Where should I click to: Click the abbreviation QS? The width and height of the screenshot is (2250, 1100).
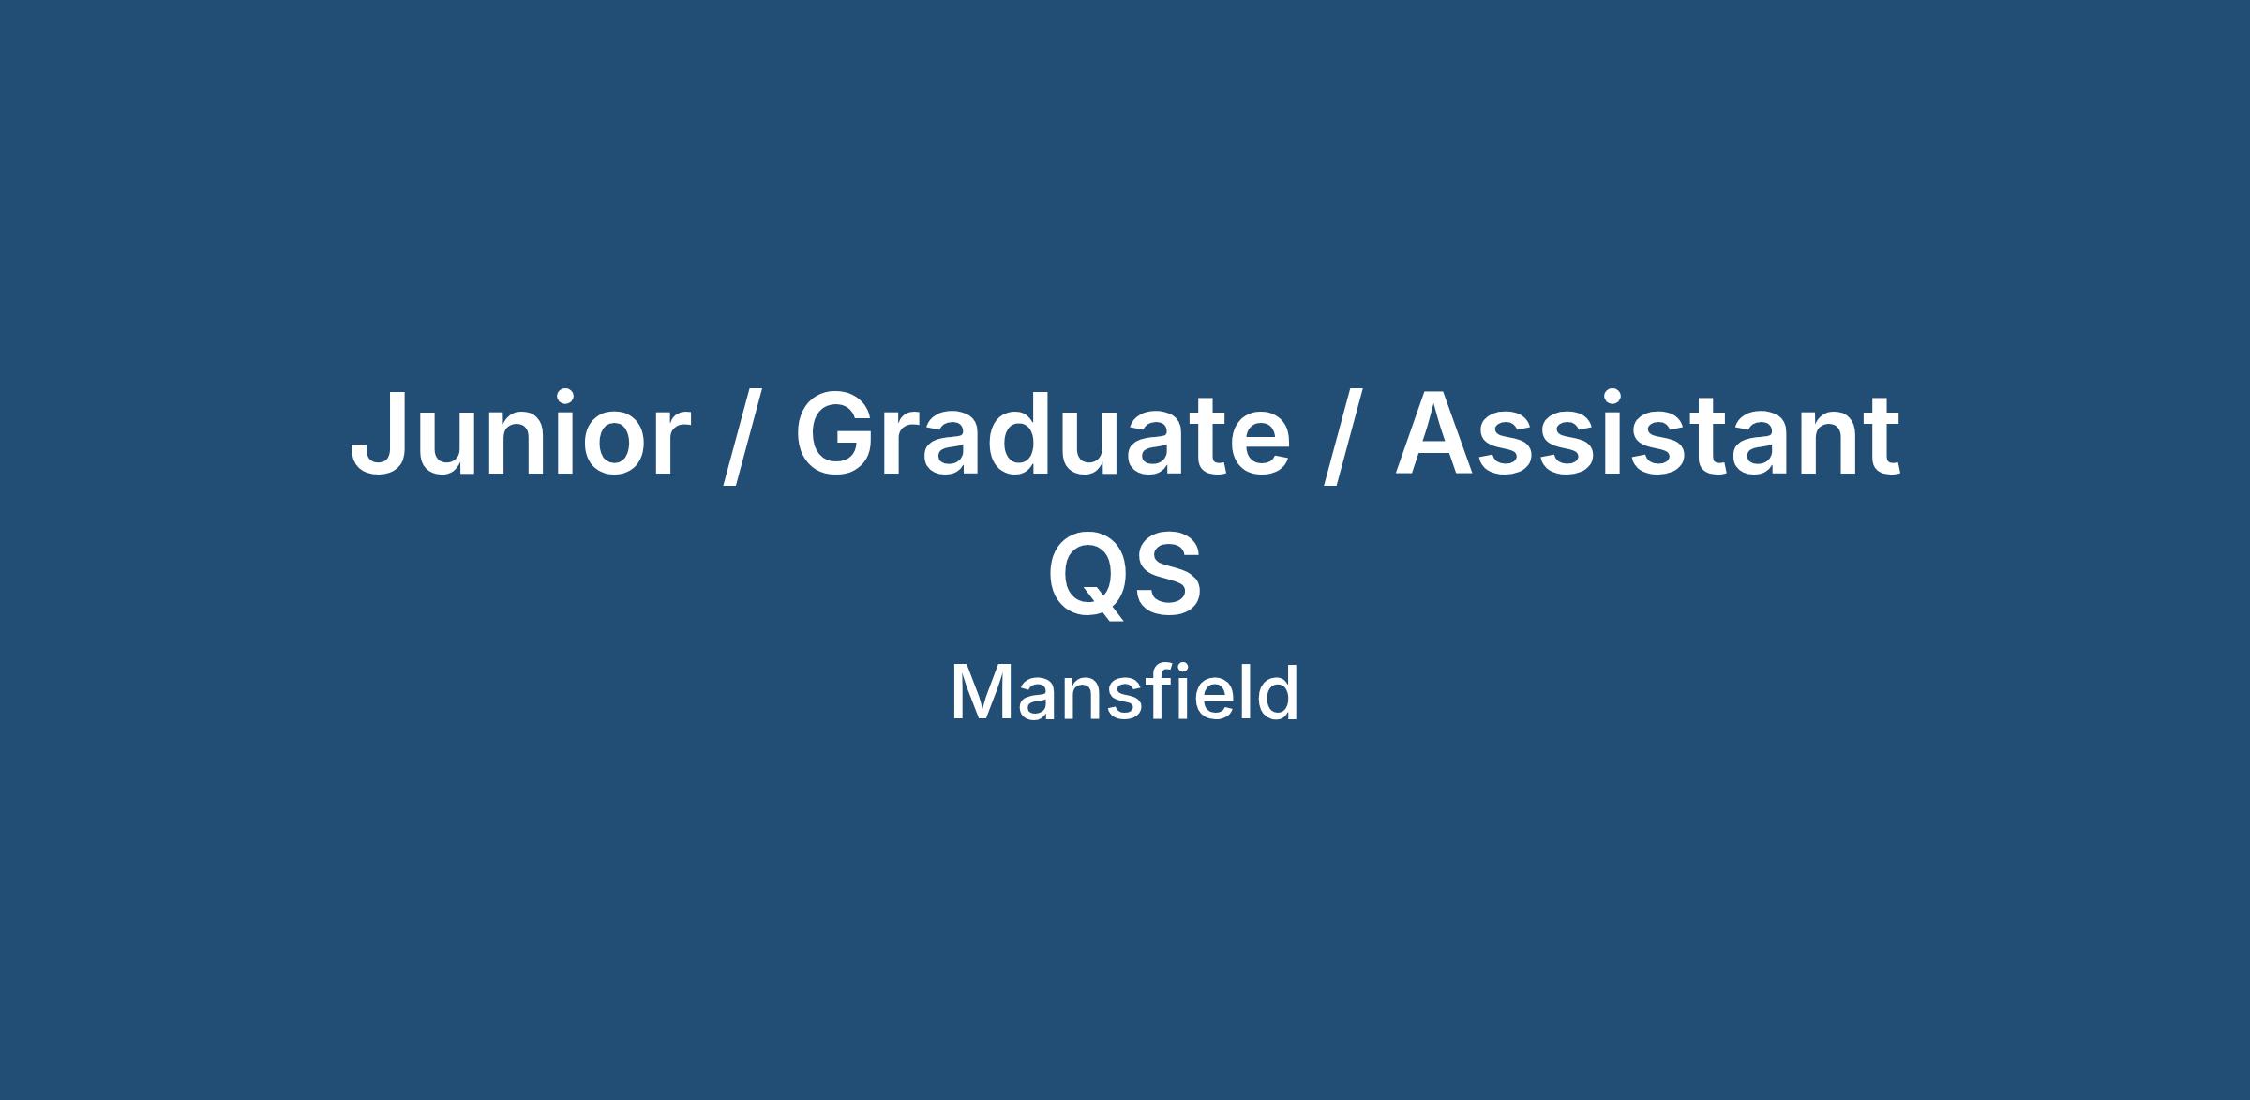point(1124,574)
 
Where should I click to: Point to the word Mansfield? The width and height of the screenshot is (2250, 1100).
point(1125,693)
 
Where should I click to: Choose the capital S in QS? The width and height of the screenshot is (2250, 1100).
point(1169,573)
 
